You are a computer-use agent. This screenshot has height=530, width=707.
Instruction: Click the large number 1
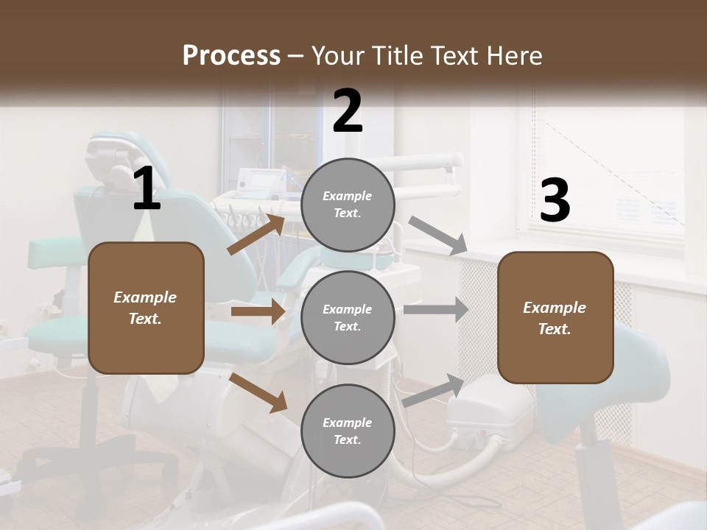coord(147,189)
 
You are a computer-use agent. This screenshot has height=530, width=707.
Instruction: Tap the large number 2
coord(348,112)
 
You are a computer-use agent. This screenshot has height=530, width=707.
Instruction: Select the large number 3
coord(555,201)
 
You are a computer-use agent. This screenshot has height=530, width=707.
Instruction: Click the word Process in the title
coord(231,55)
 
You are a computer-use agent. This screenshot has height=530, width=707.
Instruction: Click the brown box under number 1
coord(146,308)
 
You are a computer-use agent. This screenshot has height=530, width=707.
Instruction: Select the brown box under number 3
coord(555,317)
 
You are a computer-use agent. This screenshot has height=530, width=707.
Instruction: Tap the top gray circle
coord(348,205)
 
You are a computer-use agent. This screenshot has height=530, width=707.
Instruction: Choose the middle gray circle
coord(348,317)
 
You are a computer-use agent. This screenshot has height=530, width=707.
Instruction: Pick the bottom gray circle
coord(348,431)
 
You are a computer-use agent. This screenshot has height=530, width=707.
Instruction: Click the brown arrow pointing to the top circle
coord(256,234)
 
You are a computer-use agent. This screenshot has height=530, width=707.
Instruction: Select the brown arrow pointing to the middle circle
coord(258,312)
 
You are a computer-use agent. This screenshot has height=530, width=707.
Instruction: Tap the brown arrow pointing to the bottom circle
coord(258,392)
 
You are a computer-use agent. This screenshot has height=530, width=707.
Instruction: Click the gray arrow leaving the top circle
coord(437,236)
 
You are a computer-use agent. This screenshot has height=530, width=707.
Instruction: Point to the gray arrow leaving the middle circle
coord(435,309)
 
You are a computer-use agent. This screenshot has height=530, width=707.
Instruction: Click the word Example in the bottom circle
coord(347,423)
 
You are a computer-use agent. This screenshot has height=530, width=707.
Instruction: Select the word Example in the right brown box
coord(555,308)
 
